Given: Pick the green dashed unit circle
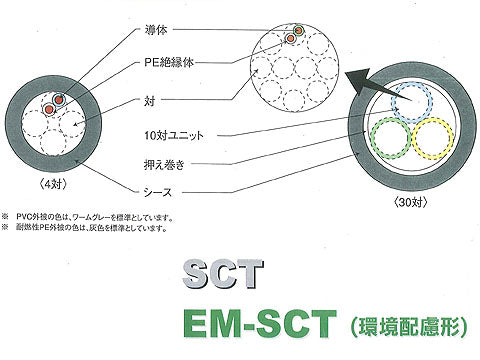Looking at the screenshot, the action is pyautogui.click(x=391, y=140).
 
